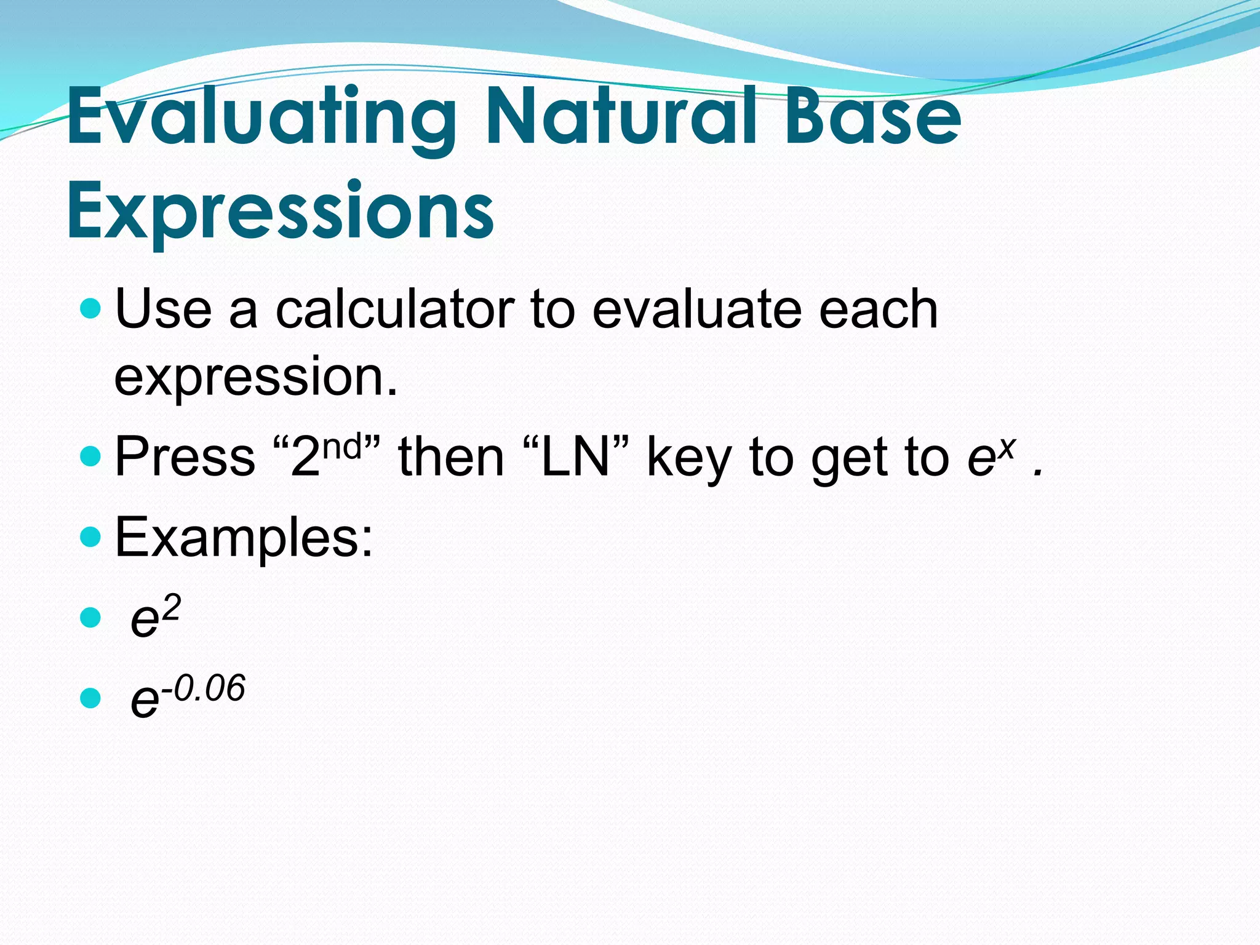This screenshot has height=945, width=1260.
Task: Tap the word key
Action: point(690,458)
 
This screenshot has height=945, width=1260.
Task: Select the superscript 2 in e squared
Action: point(171,608)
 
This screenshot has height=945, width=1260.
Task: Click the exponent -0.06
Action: point(204,688)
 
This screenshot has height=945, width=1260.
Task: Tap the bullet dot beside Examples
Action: point(90,537)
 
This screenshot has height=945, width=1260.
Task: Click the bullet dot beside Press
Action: point(90,457)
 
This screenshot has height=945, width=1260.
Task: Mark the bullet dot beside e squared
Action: point(90,618)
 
